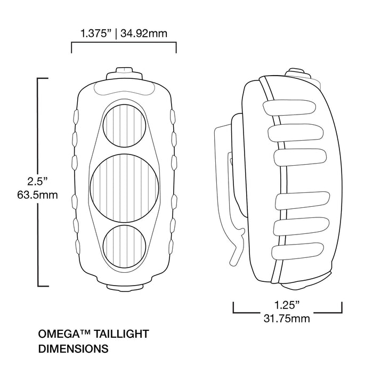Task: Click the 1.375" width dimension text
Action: pos(95,34)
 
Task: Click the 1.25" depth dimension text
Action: pos(287,305)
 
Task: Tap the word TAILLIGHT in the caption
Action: pos(122,335)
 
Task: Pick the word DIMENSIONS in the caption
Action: pos(73,349)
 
